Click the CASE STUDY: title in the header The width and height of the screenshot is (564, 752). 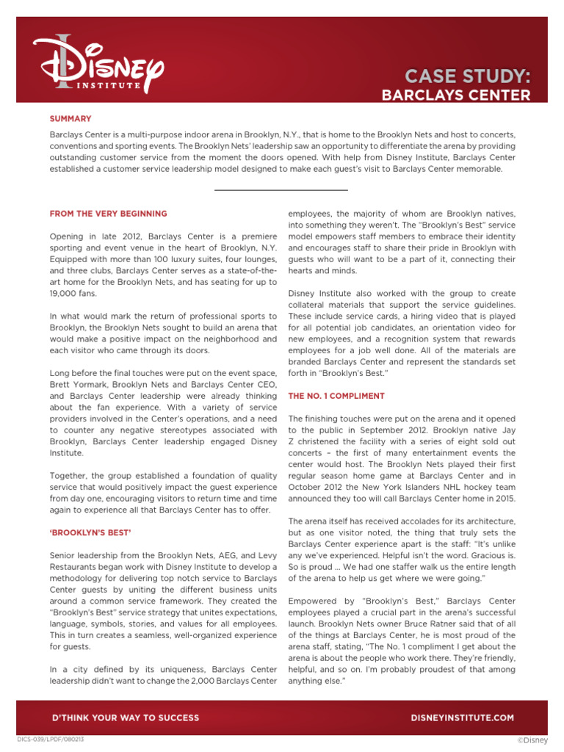(466, 76)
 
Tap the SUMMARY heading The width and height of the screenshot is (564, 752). (70, 118)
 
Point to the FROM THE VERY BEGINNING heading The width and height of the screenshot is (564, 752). (108, 214)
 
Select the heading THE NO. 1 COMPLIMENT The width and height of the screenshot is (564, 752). (336, 396)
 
